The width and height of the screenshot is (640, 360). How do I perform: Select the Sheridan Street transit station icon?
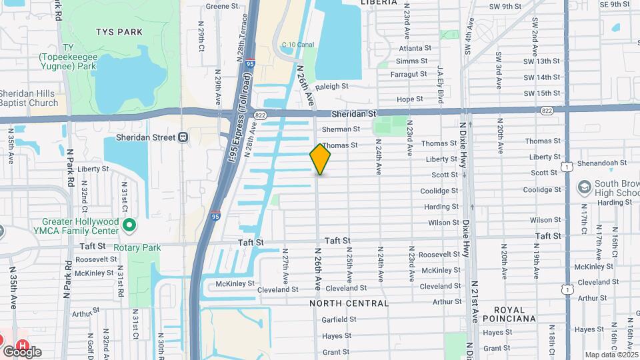tap(183, 137)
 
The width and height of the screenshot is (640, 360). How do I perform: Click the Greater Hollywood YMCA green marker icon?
tap(129, 226)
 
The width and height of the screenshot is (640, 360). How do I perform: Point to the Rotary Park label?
tap(137, 247)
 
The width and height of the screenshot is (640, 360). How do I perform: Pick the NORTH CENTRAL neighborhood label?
tap(349, 303)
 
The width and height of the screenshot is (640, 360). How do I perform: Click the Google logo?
tap(22, 352)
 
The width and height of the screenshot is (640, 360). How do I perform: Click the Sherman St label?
tap(341, 129)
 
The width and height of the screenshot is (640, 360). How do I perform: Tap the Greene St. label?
tap(222, 6)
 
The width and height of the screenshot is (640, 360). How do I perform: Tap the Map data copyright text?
tap(611, 355)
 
